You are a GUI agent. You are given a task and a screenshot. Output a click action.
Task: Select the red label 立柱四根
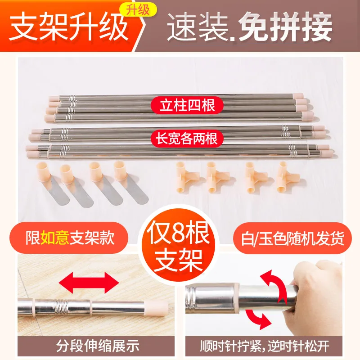pos(185,106)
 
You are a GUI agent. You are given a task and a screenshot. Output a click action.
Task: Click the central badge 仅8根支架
pos(180,243)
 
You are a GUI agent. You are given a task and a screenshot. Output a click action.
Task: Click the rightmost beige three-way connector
pos(283,175)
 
